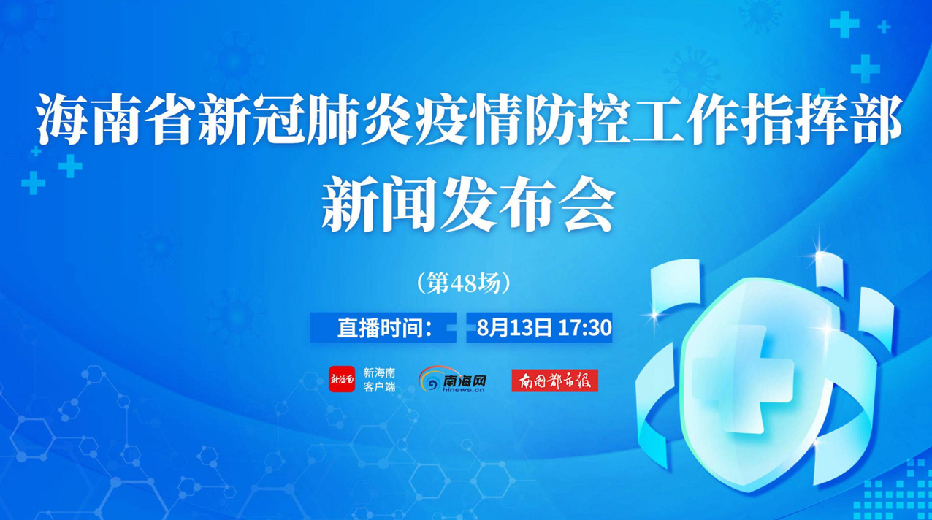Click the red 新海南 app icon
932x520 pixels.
[342, 379]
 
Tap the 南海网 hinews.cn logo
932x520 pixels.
[452, 379]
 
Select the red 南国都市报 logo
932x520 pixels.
[554, 381]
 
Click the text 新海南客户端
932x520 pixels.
[379, 379]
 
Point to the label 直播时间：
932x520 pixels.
[385, 328]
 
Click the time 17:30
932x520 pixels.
[584, 328]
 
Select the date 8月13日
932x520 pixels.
[514, 328]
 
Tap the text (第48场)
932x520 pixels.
[463, 283]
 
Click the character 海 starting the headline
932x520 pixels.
[61, 119]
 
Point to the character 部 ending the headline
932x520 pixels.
[874, 119]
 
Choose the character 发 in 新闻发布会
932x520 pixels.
[466, 207]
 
